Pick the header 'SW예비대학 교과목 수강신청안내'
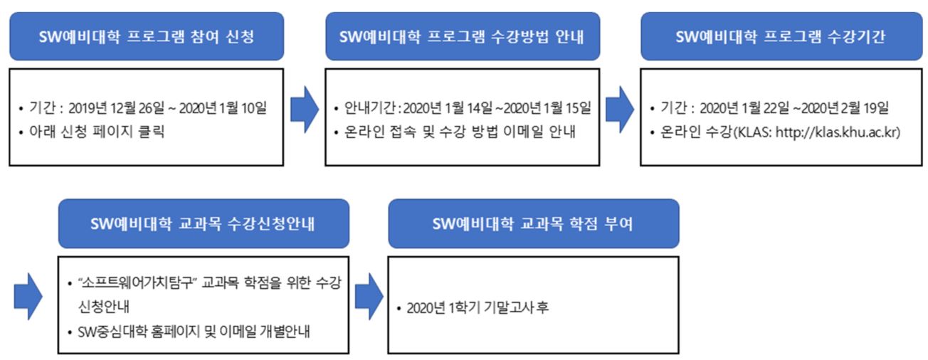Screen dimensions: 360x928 [x=204, y=223]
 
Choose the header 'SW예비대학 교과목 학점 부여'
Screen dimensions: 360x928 [x=533, y=223]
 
